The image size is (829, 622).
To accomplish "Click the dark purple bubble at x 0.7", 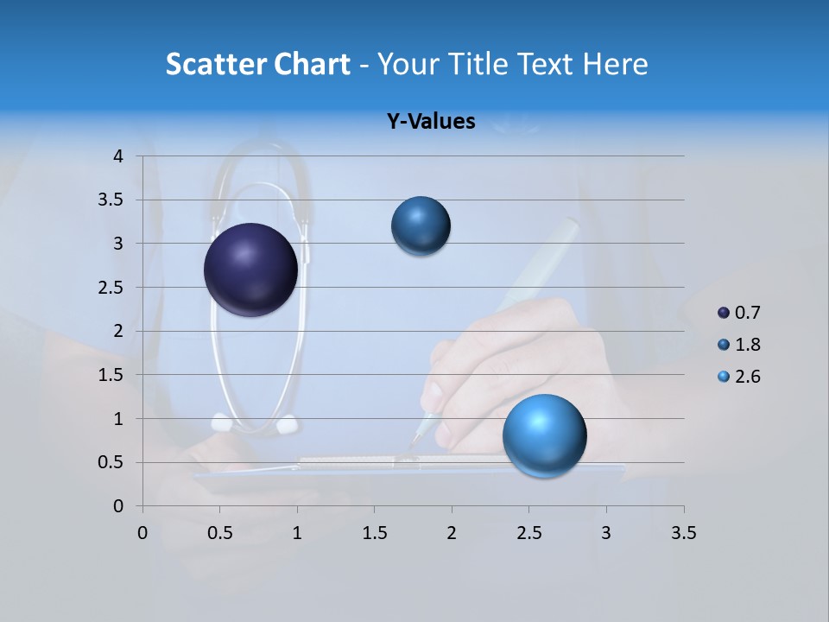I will pos(250,270).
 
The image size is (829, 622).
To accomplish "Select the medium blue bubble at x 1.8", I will pos(421,225).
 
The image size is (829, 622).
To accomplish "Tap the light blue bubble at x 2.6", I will pos(544,435).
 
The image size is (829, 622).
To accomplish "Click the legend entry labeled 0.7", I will pos(739,313).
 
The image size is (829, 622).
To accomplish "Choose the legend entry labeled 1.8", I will pos(739,345).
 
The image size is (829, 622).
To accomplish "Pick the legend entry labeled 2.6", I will pos(739,377).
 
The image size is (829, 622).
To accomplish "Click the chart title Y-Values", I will pos(430,122).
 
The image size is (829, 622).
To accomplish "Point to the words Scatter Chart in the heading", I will pos(257,64).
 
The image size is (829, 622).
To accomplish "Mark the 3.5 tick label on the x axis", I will pos(683,533).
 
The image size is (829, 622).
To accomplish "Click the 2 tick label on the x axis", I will pos(452,533).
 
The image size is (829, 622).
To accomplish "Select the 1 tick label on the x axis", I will pos(297,533).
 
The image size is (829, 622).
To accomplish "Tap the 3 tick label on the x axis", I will pos(606,533).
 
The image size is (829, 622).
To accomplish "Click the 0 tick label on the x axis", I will pos(142,533).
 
